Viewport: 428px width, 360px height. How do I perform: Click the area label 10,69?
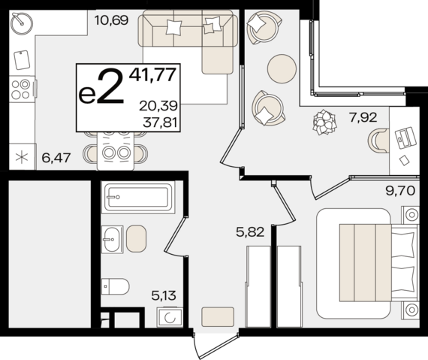click(x=111, y=20)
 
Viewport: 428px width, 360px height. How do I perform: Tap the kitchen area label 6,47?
click(x=56, y=158)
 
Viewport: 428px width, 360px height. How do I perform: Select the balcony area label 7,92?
click(x=363, y=117)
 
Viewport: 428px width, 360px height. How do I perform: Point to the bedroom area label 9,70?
click(x=400, y=190)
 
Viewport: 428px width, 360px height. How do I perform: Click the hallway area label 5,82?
click(x=250, y=232)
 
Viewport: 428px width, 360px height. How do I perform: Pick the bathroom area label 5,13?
click(x=164, y=295)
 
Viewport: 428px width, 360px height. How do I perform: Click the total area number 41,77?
click(x=152, y=74)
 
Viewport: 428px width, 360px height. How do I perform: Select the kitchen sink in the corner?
click(x=22, y=23)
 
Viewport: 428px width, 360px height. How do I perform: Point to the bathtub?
click(x=138, y=197)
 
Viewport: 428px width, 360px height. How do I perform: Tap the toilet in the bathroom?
click(x=115, y=286)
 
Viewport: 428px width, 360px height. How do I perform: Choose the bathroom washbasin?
click(x=112, y=240)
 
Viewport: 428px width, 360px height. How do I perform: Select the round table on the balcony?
click(x=282, y=68)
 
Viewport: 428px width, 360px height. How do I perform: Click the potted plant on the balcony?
click(x=324, y=122)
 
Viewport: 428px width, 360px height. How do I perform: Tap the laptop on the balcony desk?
click(x=406, y=138)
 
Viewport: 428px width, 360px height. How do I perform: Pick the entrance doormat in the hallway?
click(x=218, y=317)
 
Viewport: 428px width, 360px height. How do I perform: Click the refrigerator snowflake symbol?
click(x=22, y=158)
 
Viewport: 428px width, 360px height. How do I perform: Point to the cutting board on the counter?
click(x=22, y=60)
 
